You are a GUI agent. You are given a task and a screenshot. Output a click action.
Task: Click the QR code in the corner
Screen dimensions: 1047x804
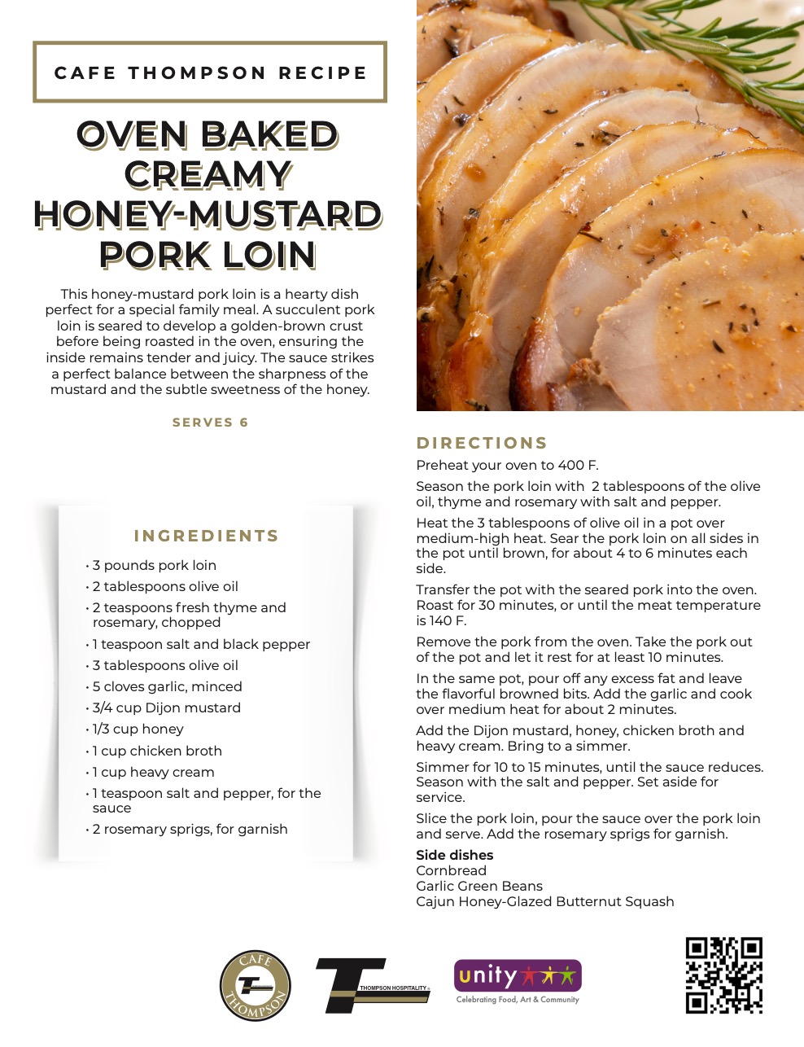[x=723, y=975]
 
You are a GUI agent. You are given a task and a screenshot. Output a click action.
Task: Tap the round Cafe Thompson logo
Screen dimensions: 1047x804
[x=256, y=985]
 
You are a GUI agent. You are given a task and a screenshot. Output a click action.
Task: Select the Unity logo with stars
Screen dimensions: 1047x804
[x=518, y=980]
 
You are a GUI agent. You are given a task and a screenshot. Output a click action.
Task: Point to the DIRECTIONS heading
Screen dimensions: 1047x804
[x=482, y=443]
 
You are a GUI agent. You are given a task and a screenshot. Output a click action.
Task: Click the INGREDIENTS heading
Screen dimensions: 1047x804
[x=206, y=536]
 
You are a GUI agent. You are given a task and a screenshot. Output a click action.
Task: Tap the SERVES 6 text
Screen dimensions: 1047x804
[x=210, y=423]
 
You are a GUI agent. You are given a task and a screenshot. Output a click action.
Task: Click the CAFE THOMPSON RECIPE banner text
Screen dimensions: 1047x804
[x=210, y=72]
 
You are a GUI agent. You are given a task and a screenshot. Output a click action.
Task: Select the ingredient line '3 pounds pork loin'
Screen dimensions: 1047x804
[x=155, y=565]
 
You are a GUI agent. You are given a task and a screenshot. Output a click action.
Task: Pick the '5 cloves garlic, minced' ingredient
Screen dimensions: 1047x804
[x=167, y=686]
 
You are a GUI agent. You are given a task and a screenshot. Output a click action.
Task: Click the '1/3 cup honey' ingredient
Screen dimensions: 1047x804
[x=138, y=729]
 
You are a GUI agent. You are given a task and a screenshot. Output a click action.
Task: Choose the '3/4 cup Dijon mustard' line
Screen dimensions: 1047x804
[x=167, y=707]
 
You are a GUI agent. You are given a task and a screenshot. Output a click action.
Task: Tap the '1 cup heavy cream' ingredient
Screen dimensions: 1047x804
[x=154, y=772]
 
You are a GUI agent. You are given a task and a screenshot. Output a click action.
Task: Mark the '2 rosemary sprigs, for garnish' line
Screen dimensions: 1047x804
[x=190, y=829]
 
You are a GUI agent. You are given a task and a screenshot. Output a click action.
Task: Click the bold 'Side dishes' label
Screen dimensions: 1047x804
[x=454, y=855]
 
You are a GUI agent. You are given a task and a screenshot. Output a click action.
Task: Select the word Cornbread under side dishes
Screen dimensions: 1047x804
[x=451, y=870]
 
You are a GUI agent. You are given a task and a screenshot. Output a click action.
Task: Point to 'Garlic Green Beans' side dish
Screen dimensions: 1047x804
[x=478, y=886]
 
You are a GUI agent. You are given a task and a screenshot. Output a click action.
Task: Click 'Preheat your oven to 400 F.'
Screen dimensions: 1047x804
[x=507, y=465]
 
